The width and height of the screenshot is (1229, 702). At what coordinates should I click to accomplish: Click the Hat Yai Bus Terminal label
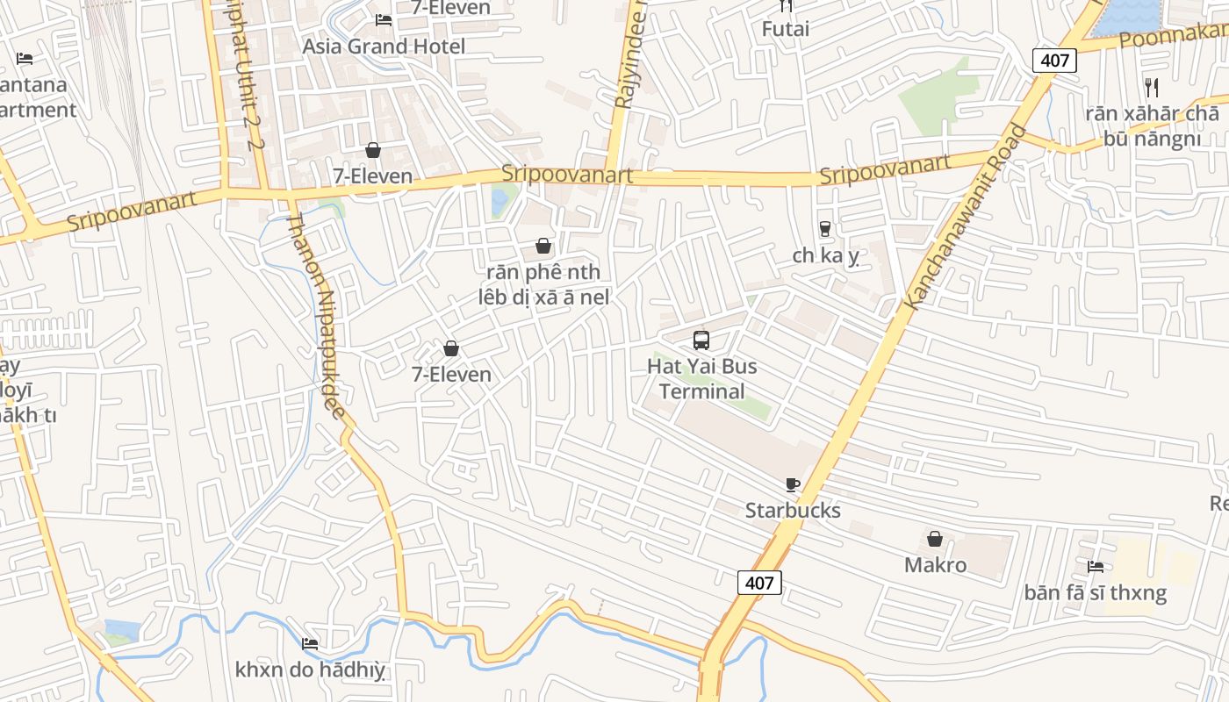(701, 378)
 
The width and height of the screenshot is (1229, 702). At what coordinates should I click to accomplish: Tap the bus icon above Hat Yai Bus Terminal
(701, 340)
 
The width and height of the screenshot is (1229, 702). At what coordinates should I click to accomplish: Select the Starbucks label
(793, 510)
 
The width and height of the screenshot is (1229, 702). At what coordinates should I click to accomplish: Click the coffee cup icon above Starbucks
(793, 484)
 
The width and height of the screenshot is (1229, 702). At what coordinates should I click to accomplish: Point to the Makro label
(935, 564)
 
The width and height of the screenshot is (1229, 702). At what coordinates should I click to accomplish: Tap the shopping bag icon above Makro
(935, 539)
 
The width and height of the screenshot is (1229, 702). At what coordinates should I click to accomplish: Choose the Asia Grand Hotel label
(384, 46)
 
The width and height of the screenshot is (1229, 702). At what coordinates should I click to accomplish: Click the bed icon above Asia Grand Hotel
(384, 19)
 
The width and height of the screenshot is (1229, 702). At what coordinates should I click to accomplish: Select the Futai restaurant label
(786, 29)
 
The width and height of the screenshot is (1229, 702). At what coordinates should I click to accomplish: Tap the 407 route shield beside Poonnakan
(1053, 61)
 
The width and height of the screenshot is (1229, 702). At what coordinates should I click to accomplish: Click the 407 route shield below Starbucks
(759, 582)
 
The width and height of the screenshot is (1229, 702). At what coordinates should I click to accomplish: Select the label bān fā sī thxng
(1095, 592)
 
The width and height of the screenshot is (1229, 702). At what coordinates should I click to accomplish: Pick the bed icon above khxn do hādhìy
(309, 644)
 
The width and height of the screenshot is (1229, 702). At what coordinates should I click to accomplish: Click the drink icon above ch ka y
(824, 229)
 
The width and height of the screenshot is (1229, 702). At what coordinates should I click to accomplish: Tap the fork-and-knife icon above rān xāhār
(1152, 88)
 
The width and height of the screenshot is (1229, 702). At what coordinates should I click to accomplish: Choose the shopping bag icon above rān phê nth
(543, 246)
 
